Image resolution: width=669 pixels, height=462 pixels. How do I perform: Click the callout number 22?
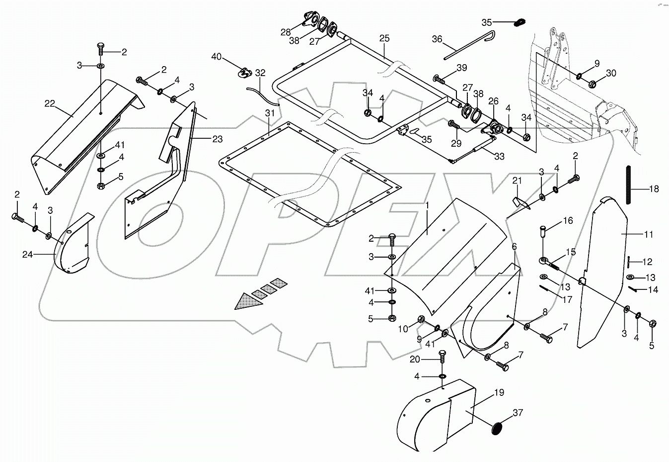point(50,103)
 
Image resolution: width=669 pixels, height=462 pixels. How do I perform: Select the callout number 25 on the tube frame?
point(384,38)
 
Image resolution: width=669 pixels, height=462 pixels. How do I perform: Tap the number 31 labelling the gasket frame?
point(269,113)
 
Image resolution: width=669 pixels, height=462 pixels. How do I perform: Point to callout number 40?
point(217,57)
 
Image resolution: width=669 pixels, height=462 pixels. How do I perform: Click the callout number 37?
point(518,413)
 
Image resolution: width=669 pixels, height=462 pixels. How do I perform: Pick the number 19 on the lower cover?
point(499,392)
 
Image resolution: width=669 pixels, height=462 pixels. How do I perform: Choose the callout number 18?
point(654,189)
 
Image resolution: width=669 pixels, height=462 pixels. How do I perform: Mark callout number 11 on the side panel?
point(648,234)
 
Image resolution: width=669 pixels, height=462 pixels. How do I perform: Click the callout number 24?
point(28,255)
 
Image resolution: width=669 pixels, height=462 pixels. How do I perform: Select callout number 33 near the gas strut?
point(499,156)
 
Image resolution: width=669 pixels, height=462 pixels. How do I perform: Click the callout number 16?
point(568,220)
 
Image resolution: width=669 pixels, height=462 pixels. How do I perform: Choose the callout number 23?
point(217,139)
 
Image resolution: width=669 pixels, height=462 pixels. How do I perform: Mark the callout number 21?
point(517,181)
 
